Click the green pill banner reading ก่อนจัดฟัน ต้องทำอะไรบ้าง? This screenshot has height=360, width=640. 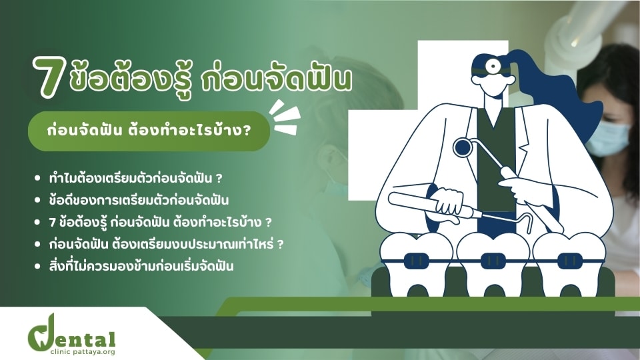[149, 131]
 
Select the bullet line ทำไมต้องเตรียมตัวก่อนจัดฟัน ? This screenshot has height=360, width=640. [135, 179]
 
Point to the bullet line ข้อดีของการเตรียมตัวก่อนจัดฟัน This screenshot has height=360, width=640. [139, 201]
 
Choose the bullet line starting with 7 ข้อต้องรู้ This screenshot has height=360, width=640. [160, 223]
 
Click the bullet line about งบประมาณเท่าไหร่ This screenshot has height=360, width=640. [166, 244]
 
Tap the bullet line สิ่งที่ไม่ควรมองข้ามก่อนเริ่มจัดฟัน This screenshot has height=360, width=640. [141, 266]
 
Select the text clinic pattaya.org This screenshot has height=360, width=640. [83, 352]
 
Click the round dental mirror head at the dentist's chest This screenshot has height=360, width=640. [463, 147]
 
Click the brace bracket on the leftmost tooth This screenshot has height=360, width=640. [417, 260]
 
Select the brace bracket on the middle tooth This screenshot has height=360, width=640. [493, 261]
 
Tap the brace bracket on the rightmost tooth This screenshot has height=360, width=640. [570, 261]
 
